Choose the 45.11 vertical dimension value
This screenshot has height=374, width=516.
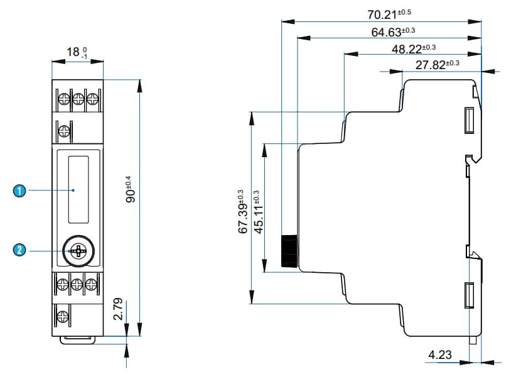pos(258,212)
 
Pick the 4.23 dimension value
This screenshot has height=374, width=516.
pos(439,355)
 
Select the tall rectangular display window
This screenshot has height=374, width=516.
pos(78,189)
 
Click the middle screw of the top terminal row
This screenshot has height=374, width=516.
pos(78,99)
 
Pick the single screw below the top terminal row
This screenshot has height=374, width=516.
pos(63,131)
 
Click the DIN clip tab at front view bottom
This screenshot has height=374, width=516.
pos(78,340)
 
